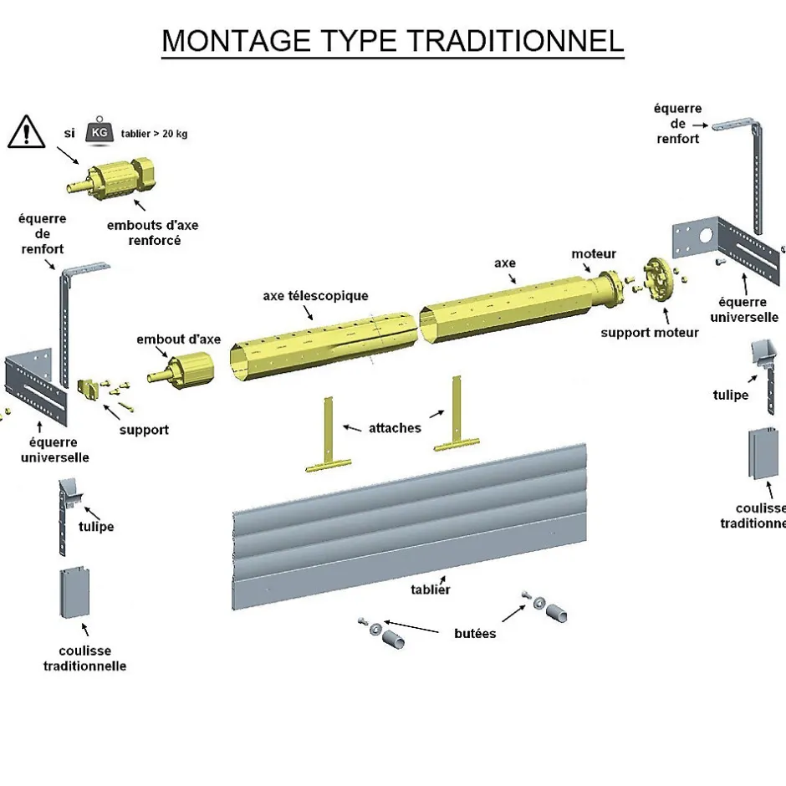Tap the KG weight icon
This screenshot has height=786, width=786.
click(100, 132)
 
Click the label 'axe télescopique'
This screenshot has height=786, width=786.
click(316, 295)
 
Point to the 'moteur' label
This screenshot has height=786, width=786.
click(594, 253)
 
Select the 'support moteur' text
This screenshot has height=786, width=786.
click(650, 332)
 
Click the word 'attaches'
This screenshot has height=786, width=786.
click(395, 427)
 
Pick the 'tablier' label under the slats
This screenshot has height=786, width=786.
click(430, 589)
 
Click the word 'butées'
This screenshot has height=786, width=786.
click(475, 633)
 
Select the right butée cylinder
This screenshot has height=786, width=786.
click(558, 611)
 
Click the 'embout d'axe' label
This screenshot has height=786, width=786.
click(178, 339)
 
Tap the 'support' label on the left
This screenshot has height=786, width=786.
click(143, 430)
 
